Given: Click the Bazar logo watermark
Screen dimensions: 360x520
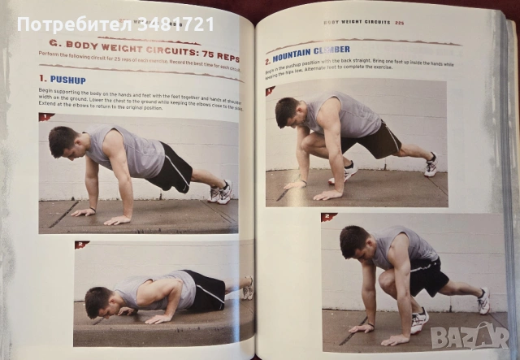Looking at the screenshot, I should tap(474, 334).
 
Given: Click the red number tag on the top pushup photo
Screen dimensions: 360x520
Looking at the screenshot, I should tap(47, 117).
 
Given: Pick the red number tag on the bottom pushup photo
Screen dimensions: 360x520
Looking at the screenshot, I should tap(81, 244).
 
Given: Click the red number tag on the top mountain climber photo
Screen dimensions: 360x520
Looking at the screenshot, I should tap(271, 91).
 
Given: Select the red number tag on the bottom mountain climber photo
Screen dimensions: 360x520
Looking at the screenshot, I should tap(329, 217).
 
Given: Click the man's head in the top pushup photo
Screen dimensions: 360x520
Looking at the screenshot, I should tap(63, 141).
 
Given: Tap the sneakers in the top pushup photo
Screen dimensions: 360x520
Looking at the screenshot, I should tap(220, 192).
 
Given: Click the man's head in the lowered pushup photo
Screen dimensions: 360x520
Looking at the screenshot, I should tap(97, 300).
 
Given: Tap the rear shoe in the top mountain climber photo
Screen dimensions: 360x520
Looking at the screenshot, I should tap(430, 165).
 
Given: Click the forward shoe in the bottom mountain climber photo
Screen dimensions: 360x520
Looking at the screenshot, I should tap(419, 320).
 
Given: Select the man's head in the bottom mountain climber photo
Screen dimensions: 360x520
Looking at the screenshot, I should tap(354, 241).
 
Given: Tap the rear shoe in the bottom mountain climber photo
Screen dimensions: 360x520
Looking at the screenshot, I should tap(483, 301).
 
